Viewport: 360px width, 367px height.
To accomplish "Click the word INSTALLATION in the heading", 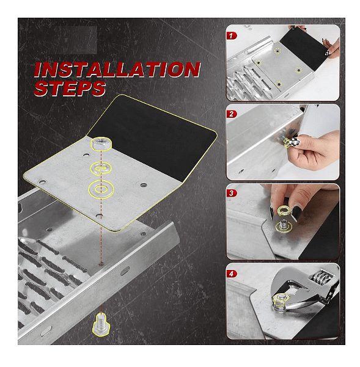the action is pyautogui.click(x=117, y=70).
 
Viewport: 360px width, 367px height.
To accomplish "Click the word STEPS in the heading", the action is pyautogui.click(x=70, y=89).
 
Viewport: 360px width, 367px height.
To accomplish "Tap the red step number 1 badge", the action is pyautogui.click(x=232, y=36).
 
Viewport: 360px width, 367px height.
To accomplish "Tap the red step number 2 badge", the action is pyautogui.click(x=232, y=114).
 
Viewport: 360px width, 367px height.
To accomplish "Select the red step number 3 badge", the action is pyautogui.click(x=232, y=193).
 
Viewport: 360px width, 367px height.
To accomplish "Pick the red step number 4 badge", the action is pyautogui.click(x=232, y=274).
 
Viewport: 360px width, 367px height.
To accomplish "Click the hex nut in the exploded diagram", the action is pyautogui.click(x=101, y=144).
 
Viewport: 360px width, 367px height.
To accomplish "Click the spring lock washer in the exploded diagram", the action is pyautogui.click(x=101, y=168).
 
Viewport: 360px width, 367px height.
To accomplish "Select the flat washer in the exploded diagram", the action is pyautogui.click(x=101, y=189).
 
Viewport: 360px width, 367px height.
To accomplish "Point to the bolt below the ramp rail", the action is pyautogui.click(x=101, y=325).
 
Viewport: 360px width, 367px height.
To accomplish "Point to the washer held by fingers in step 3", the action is pyautogui.click(x=284, y=211).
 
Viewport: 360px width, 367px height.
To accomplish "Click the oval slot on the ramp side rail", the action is pyautogui.click(x=125, y=271).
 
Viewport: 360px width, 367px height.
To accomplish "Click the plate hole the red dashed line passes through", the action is pyautogui.click(x=99, y=216).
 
